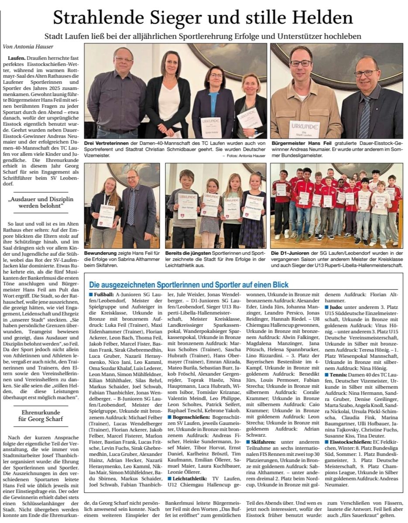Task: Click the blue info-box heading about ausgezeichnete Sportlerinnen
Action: (189, 284)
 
